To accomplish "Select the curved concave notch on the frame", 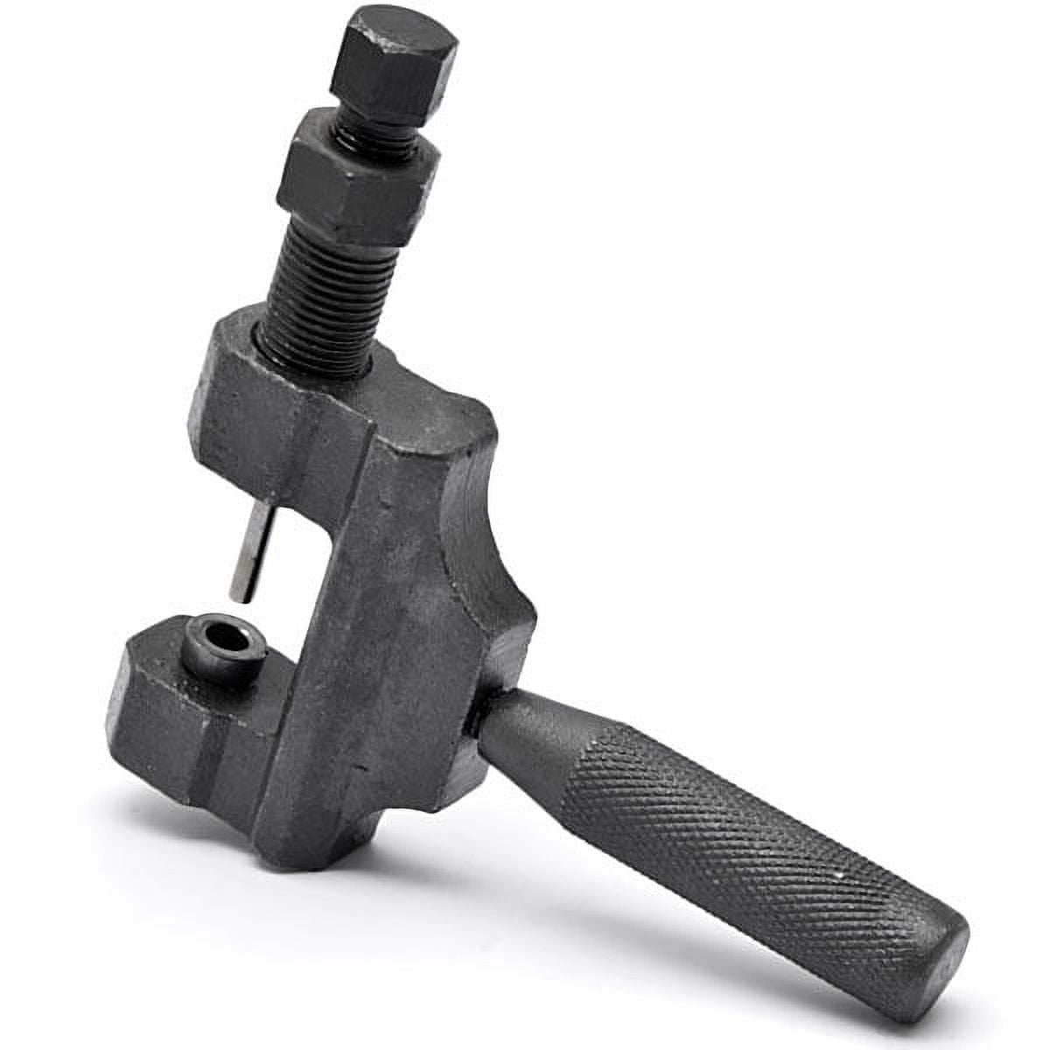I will tap(477, 542).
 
